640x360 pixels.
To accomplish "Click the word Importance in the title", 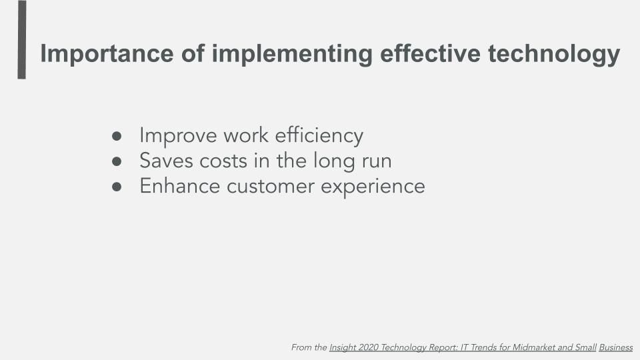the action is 107,53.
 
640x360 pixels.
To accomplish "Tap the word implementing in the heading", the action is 292,53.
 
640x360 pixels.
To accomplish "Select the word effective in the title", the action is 430,53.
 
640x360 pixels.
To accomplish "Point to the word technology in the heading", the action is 554,53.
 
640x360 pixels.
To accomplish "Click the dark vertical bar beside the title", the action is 21,39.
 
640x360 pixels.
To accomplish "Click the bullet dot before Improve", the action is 117,136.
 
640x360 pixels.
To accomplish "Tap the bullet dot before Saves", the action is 117,161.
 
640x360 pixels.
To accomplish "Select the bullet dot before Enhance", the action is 117,187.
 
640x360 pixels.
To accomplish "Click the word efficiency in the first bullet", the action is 319,136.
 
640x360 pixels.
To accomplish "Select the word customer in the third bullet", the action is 271,187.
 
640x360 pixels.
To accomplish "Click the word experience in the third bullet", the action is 373,187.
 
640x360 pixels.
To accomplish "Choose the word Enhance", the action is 180,185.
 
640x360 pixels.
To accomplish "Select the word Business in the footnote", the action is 616,347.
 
